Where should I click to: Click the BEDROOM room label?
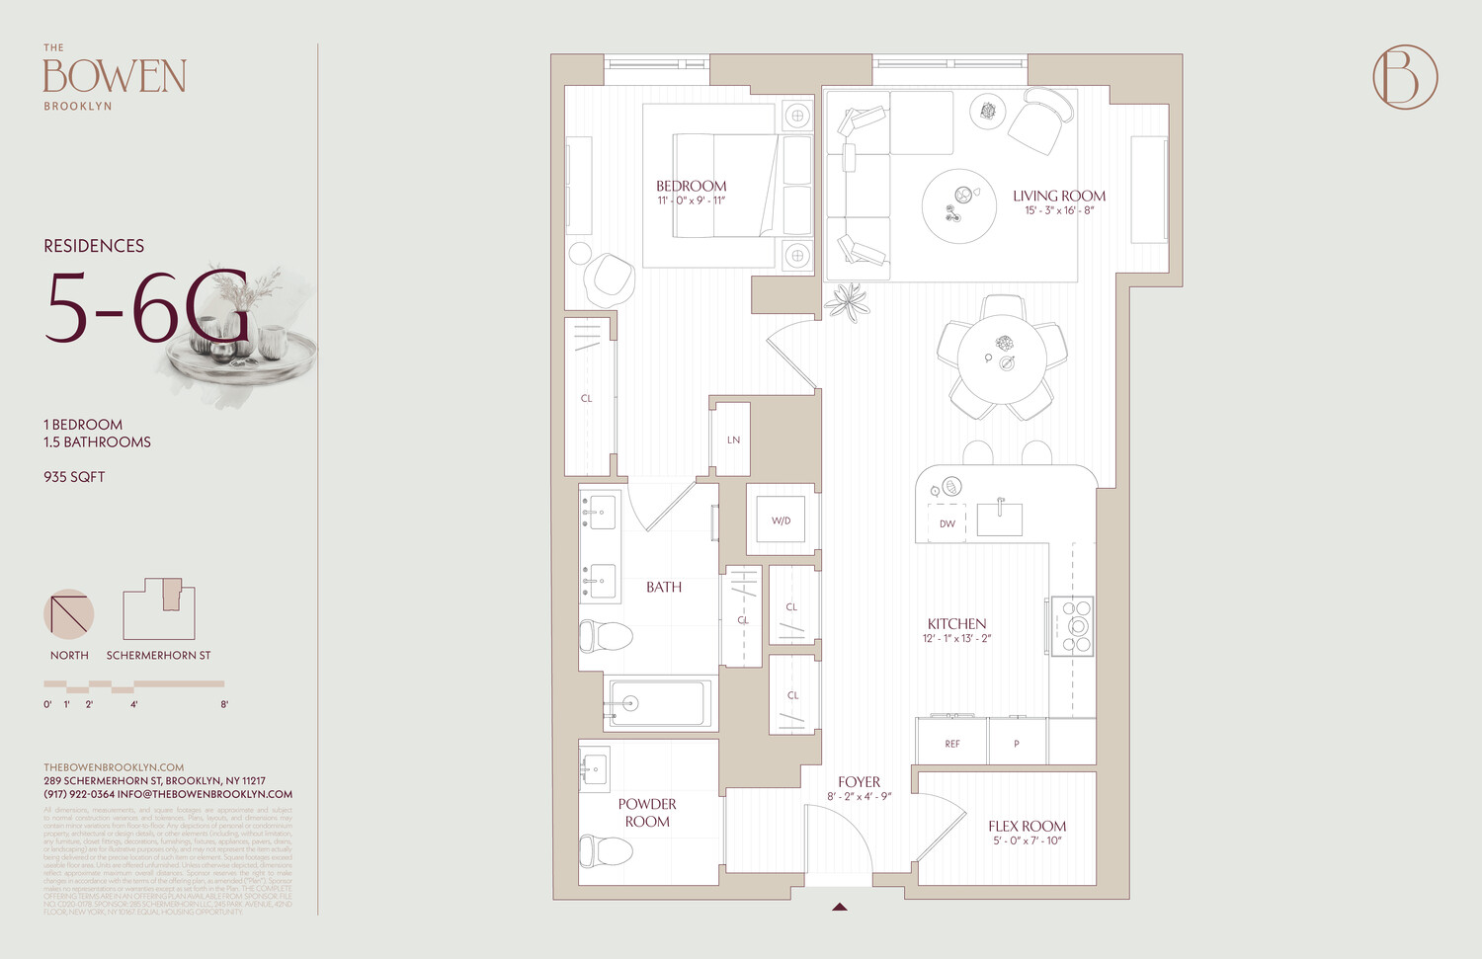[691, 186]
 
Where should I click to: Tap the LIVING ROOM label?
[1059, 196]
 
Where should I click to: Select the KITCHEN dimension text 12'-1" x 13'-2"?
[956, 639]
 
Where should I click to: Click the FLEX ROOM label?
[1027, 826]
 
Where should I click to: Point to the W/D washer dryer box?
[781, 520]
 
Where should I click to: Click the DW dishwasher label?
[947, 523]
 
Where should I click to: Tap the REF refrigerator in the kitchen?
[951, 743]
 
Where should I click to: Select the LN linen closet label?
[733, 440]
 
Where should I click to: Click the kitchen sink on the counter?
[999, 519]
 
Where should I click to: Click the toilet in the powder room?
[605, 850]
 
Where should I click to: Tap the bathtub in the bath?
[660, 703]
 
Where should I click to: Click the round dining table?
[1002, 359]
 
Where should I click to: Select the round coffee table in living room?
[958, 206]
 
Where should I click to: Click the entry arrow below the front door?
[839, 906]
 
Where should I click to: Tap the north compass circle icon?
[69, 613]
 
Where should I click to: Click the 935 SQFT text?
[74, 477]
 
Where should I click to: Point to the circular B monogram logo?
[1405, 77]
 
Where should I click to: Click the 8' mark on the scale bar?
[224, 704]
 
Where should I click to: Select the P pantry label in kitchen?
[1016, 743]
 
